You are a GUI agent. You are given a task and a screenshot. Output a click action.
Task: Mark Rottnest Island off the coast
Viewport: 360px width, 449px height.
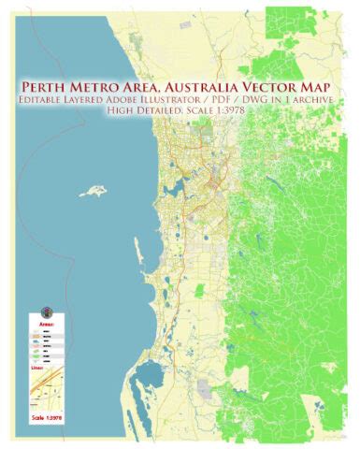(x=93, y=191)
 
